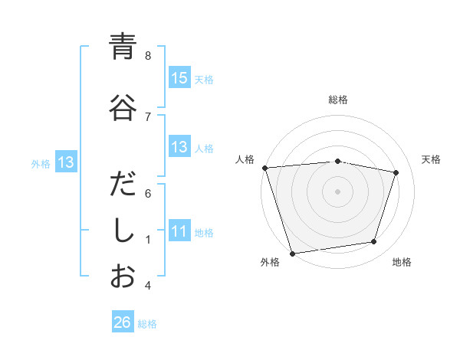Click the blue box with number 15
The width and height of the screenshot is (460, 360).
coord(179,78)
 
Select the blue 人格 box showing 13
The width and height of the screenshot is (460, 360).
coord(179,148)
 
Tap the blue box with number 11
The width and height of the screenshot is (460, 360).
coord(179,231)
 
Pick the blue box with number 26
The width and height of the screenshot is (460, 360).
coord(123,322)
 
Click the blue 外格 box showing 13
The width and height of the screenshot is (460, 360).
coord(65,162)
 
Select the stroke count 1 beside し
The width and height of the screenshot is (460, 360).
coord(148,240)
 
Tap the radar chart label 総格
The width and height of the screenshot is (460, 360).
coord(338,100)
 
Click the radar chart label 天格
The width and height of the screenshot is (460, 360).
coord(432,159)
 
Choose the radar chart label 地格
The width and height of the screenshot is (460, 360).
coord(402,262)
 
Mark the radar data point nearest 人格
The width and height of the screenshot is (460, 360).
coord(264,168)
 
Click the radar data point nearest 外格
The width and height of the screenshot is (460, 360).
coord(292,252)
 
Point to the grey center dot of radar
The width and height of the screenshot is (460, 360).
coord(338,191)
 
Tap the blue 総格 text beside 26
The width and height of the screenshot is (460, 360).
coord(148,324)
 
